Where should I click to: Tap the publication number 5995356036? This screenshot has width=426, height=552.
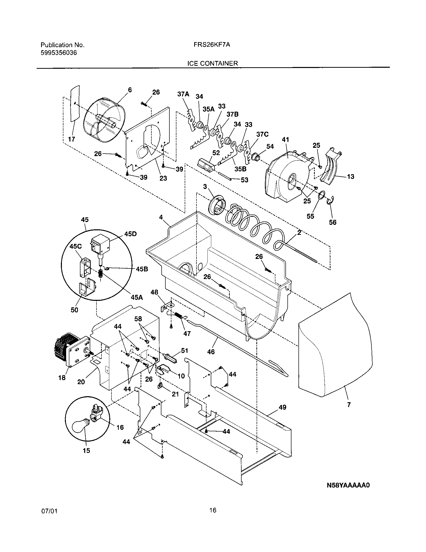click(x=59, y=53)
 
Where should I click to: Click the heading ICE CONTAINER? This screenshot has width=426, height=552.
click(x=212, y=63)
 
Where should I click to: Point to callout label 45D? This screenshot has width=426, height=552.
click(x=130, y=234)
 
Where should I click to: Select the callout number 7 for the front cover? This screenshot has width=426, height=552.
click(x=349, y=405)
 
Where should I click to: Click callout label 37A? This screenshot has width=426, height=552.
click(x=183, y=94)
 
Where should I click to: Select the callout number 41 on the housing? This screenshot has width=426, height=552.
click(x=285, y=140)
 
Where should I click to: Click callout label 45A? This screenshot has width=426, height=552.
click(x=137, y=298)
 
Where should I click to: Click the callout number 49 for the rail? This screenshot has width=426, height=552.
click(x=282, y=407)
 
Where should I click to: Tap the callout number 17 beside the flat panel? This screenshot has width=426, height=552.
click(x=72, y=139)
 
